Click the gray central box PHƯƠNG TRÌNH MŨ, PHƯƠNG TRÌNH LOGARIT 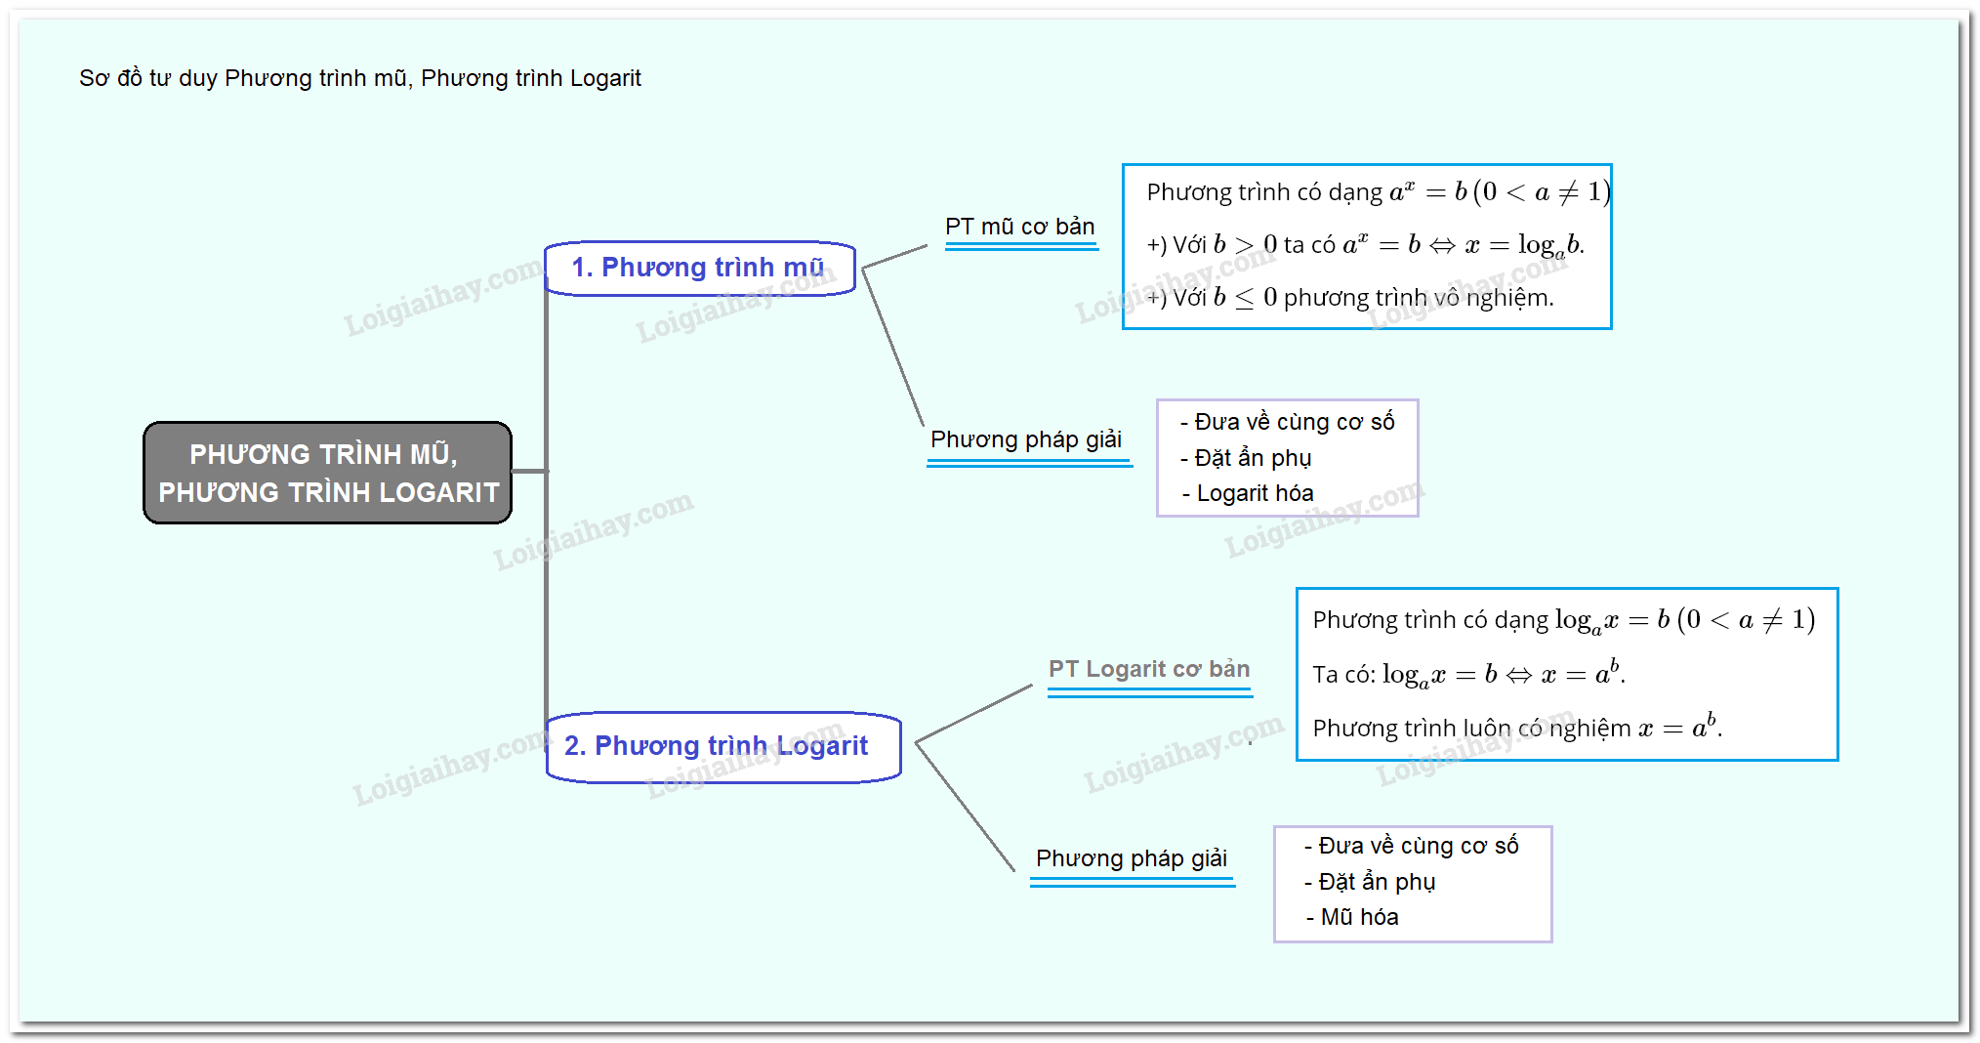click(x=327, y=473)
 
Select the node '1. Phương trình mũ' click(x=699, y=268)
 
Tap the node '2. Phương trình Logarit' click(x=722, y=746)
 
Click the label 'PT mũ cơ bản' click(x=1019, y=227)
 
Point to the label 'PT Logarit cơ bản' click(x=1148, y=669)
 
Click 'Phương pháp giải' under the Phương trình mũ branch click(x=1025, y=439)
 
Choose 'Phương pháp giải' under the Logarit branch click(x=1131, y=858)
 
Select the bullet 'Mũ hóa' click(x=1358, y=917)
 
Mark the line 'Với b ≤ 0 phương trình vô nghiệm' click(x=1349, y=298)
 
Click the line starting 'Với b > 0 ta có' click(x=1364, y=245)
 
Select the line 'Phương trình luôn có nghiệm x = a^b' click(x=1516, y=729)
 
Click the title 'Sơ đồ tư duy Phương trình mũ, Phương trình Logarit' click(x=359, y=78)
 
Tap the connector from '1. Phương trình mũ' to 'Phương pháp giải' click(x=893, y=347)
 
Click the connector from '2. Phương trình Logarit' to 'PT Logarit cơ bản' click(x=973, y=714)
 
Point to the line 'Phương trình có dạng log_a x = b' click(x=1562, y=620)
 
